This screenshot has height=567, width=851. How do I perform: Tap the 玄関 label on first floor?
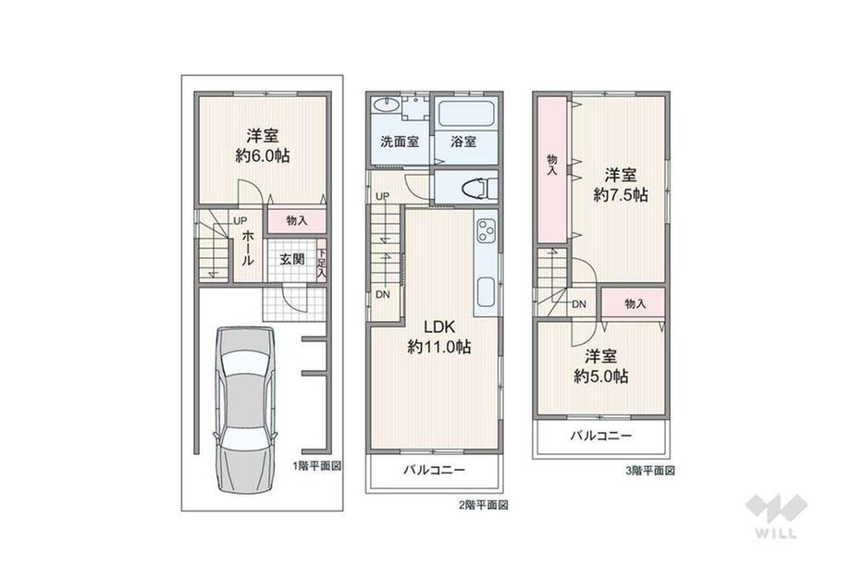pyautogui.click(x=292, y=259)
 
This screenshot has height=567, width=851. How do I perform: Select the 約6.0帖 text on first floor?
pyautogui.click(x=262, y=156)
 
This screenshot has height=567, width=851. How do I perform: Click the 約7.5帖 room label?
pyautogui.click(x=620, y=195)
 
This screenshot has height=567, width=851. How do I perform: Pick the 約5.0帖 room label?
pyautogui.click(x=601, y=376)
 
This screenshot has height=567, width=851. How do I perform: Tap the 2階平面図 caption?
pyautogui.click(x=484, y=506)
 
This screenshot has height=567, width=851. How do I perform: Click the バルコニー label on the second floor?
pyautogui.click(x=433, y=471)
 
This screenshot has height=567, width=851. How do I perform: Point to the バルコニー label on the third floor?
pyautogui.click(x=600, y=435)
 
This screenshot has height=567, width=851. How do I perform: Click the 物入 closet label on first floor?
pyautogui.click(x=296, y=221)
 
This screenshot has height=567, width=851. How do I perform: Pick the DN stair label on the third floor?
pyautogui.click(x=579, y=303)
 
